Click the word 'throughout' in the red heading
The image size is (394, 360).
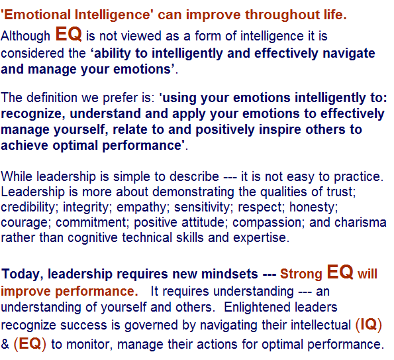tap(282, 15)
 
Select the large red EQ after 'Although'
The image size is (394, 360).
tap(69, 34)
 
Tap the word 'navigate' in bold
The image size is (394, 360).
tap(349, 54)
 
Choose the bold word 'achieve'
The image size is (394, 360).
tap(25, 145)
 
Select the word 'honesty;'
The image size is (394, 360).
tap(314, 208)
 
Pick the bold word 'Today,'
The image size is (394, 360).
tap(22, 274)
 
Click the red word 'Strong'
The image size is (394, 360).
tap(301, 274)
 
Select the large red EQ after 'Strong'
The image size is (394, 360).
tap(340, 272)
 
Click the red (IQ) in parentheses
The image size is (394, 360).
tap(369, 324)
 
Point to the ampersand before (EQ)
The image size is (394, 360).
tap(5, 344)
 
